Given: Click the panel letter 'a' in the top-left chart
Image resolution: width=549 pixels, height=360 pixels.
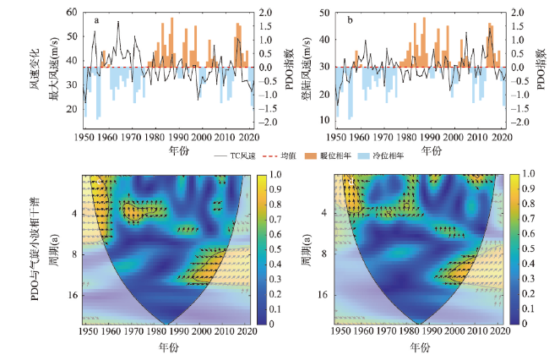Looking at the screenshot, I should click(x=96, y=19).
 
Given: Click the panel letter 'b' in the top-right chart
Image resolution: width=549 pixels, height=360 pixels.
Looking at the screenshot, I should click(x=348, y=19).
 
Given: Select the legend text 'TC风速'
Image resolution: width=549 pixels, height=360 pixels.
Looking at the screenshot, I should click(x=242, y=156).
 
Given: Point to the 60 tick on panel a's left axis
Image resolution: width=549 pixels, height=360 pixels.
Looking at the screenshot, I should click(x=71, y=13).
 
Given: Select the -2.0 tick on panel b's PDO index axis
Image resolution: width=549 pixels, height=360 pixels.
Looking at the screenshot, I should click(x=523, y=122).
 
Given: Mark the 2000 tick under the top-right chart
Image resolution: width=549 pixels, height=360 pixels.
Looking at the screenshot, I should click(x=453, y=136).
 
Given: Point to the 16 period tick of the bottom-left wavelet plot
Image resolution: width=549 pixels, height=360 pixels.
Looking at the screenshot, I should click(x=73, y=297).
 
